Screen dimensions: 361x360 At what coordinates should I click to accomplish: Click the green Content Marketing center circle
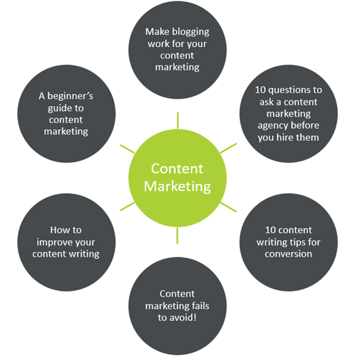(x=178, y=178)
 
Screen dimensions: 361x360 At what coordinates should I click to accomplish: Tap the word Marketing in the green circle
(x=178, y=187)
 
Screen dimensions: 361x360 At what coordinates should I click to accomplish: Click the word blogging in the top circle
(x=191, y=32)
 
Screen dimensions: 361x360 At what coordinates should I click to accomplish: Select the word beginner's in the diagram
(x=70, y=96)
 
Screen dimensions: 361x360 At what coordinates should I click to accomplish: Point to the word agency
(x=270, y=126)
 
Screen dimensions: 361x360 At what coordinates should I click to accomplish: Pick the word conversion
(x=288, y=254)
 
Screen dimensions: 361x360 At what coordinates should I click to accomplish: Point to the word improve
(x=54, y=242)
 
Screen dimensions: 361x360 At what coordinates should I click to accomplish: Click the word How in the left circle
(x=58, y=230)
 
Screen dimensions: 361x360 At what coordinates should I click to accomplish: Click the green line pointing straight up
(x=178, y=120)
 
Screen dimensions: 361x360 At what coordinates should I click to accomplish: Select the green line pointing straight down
(x=178, y=236)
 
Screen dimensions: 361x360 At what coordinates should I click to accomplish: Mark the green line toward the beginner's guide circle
(x=127, y=149)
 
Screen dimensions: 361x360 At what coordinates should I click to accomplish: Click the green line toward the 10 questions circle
(x=229, y=148)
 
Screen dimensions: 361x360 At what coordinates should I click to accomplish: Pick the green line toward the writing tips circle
(x=229, y=207)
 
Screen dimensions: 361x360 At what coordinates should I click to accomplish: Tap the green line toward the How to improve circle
(x=127, y=206)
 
